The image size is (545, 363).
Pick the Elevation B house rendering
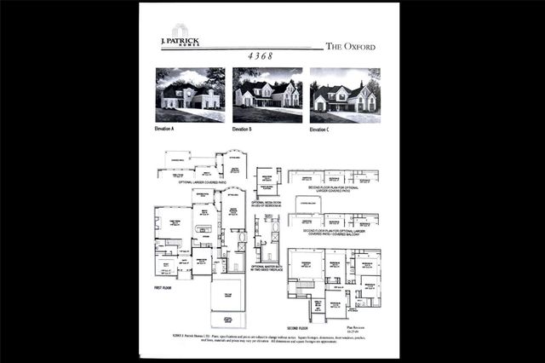(x=267, y=95)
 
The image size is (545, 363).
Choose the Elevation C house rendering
(x=345, y=95)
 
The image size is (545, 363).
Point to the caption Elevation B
(x=243, y=130)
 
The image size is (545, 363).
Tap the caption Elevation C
(x=320, y=130)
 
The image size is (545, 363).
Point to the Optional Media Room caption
(x=267, y=205)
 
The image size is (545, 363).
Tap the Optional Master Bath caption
(x=268, y=268)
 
